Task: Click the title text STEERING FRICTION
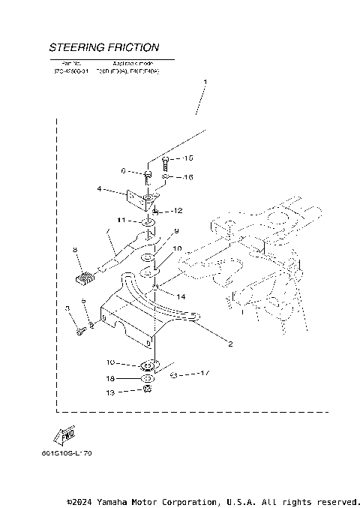click(x=103, y=47)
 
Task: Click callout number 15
click(x=187, y=158)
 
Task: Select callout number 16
click(x=187, y=177)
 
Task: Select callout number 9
click(x=177, y=231)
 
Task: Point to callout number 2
click(x=230, y=344)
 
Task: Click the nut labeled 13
click(x=148, y=391)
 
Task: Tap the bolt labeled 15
click(x=164, y=161)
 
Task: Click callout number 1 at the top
click(x=205, y=80)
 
